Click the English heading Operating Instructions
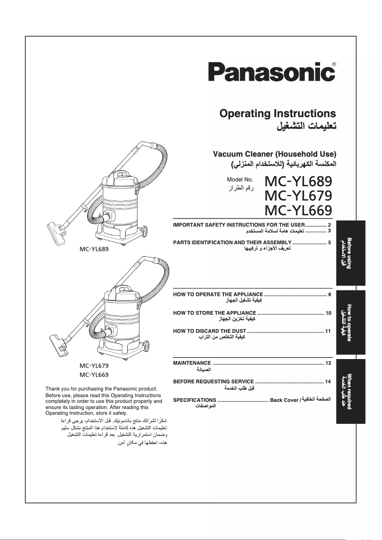click(x=277, y=114)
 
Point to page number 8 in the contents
click(x=330, y=295)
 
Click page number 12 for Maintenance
click(x=328, y=363)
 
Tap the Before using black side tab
click(x=351, y=253)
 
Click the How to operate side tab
click(x=351, y=322)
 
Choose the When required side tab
click(x=351, y=391)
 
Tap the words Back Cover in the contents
click(x=284, y=400)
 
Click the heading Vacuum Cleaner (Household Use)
click(x=274, y=154)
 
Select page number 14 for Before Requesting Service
click(x=328, y=382)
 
